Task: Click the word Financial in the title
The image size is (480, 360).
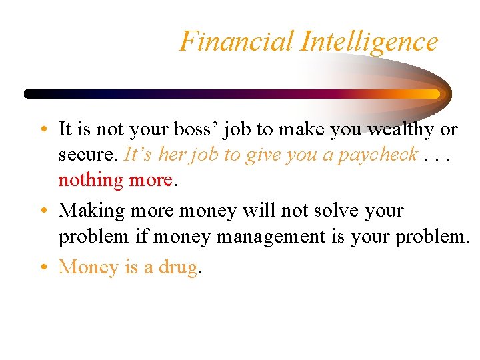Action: pos(237,41)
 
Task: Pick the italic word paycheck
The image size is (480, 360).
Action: pos(378,155)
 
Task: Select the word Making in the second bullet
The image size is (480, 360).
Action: pos(92,211)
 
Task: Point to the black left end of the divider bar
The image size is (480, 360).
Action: pos(30,94)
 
